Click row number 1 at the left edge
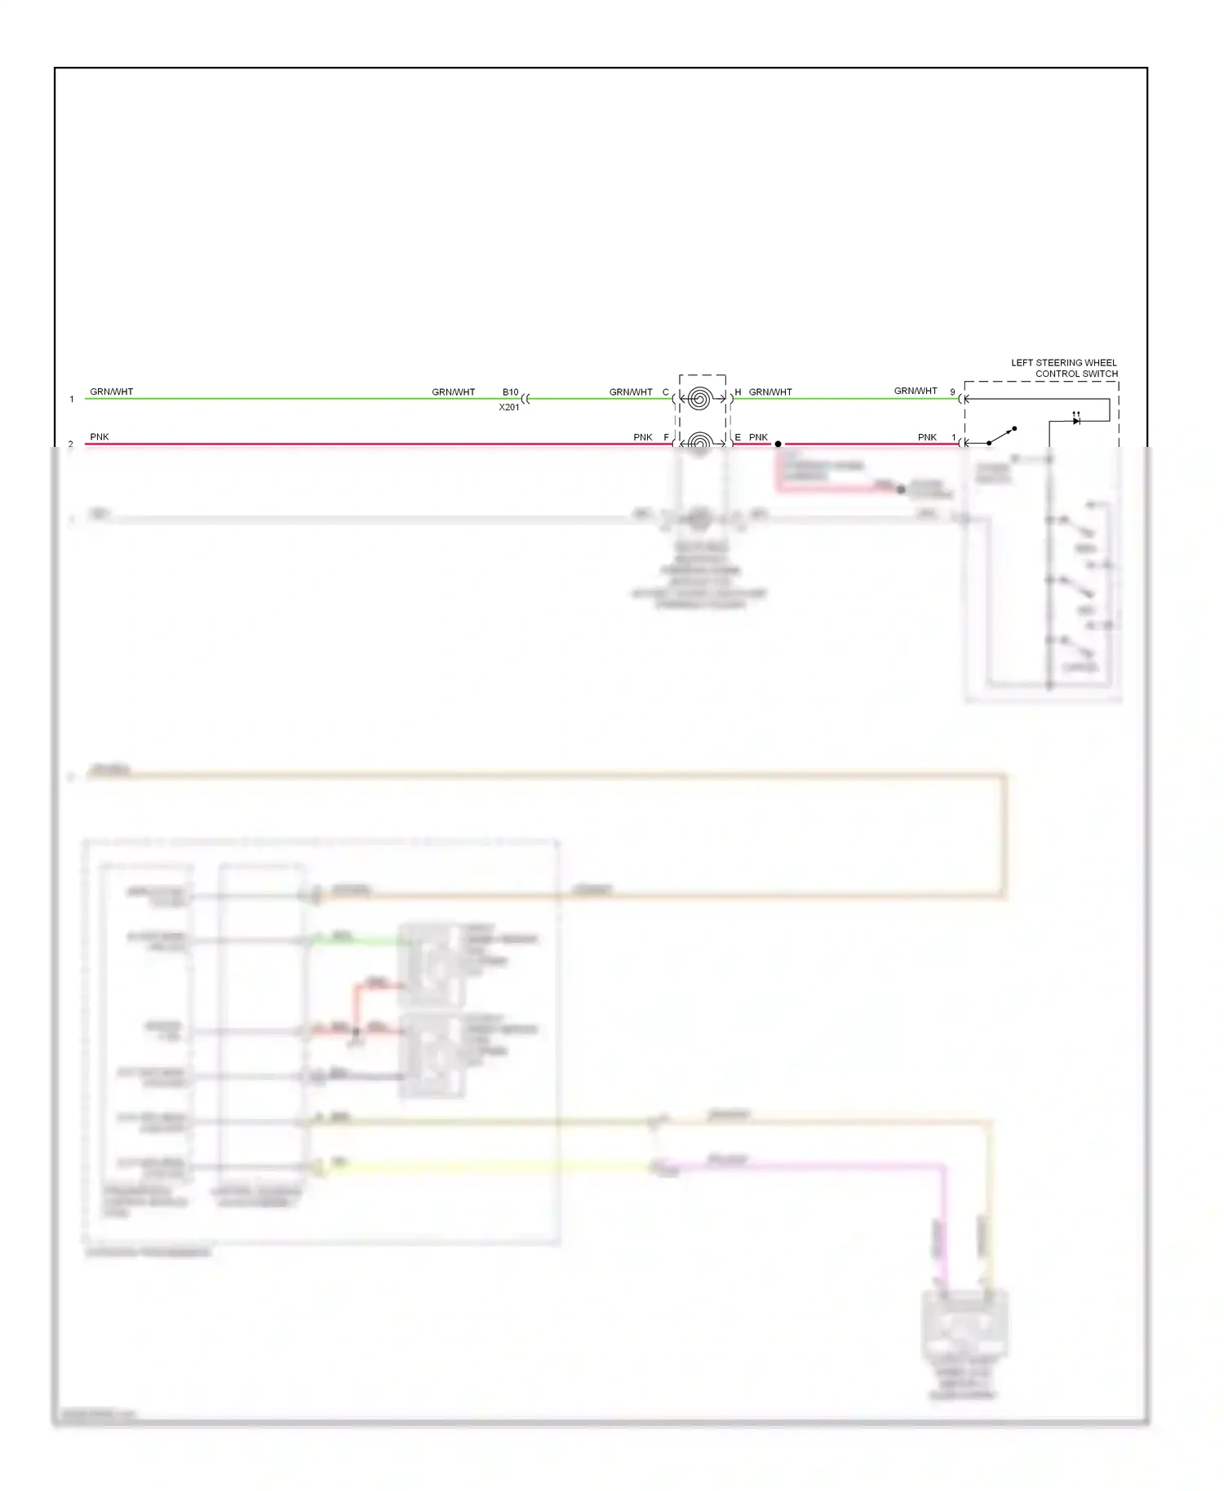72,399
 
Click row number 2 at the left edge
71,444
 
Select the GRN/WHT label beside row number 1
112,392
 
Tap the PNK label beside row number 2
100,436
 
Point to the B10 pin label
510,392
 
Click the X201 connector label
509,407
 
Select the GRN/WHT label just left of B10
454,392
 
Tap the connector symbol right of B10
526,399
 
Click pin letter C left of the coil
665,392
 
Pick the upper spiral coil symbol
698,399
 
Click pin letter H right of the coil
738,392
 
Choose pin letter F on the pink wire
666,437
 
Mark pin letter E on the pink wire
738,437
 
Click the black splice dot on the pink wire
778,444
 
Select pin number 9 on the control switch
952,392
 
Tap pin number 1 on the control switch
953,437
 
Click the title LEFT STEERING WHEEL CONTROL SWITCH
1064,368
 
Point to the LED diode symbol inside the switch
1076,420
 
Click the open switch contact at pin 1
1003,436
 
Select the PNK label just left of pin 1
927,437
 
